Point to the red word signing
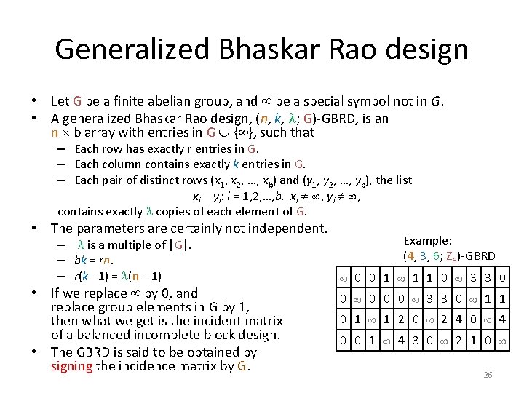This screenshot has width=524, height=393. (71, 366)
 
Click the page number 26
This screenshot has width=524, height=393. (488, 375)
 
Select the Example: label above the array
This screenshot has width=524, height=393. (428, 241)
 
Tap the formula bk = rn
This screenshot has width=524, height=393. (94, 261)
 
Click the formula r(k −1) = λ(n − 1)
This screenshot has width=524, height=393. (118, 276)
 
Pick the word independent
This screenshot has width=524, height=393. (285, 229)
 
